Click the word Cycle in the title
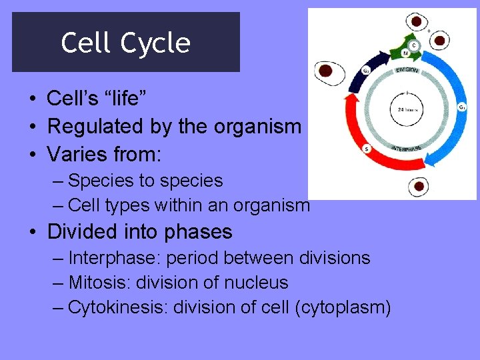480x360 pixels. click(156, 43)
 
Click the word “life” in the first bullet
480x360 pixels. click(128, 99)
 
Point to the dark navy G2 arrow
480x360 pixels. click(351, 80)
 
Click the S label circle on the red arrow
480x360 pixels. click(366, 149)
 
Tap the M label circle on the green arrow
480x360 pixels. click(405, 53)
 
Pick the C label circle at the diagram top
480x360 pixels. click(414, 45)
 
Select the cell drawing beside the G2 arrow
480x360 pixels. click(326, 70)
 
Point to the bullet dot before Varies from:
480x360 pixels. click(32, 154)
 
